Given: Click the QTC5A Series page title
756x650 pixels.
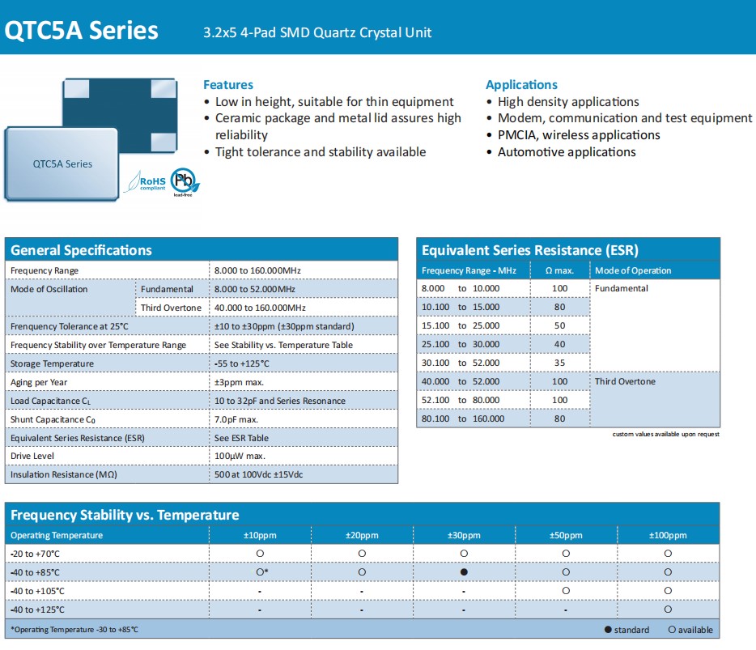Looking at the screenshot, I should [x=82, y=31].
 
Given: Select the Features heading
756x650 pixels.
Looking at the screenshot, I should [x=228, y=85].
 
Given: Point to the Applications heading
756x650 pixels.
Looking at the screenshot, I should [x=521, y=85].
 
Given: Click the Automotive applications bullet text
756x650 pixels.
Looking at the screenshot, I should [x=567, y=152].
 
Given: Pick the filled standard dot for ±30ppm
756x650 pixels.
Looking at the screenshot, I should [x=464, y=572].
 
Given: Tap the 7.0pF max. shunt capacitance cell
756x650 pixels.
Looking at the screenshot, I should [x=236, y=419].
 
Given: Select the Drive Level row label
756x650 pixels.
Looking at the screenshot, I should [x=33, y=457].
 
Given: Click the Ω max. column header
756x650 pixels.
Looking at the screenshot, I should [x=560, y=270].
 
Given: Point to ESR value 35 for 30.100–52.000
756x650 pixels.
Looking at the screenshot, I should [x=560, y=363].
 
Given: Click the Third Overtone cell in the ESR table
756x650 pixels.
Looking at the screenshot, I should [x=625, y=381].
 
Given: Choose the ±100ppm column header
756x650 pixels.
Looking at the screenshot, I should [x=668, y=536].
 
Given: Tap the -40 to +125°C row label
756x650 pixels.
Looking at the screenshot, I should [x=37, y=610].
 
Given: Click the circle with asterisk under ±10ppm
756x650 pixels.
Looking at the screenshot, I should [x=261, y=572].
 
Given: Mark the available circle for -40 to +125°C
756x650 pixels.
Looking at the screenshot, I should [x=668, y=610].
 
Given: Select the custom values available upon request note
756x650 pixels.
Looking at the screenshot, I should [x=665, y=435].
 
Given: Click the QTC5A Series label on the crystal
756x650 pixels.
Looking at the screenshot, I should [x=62, y=164].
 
